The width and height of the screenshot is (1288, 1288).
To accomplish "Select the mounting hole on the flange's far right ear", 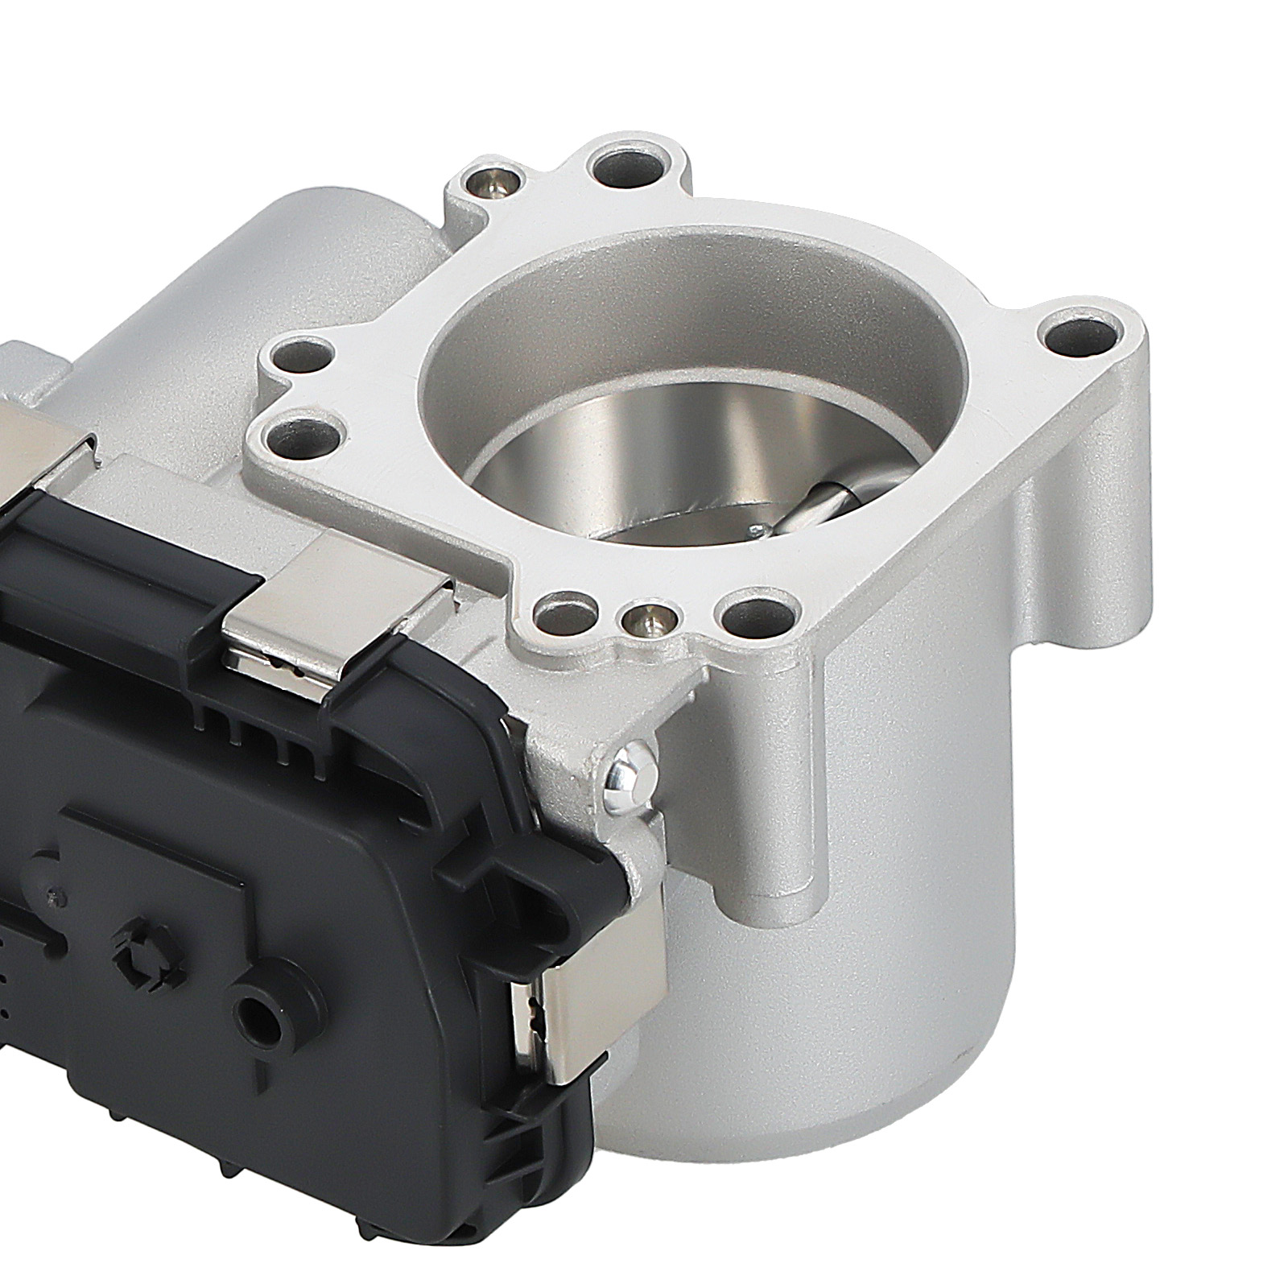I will (1085, 337).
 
